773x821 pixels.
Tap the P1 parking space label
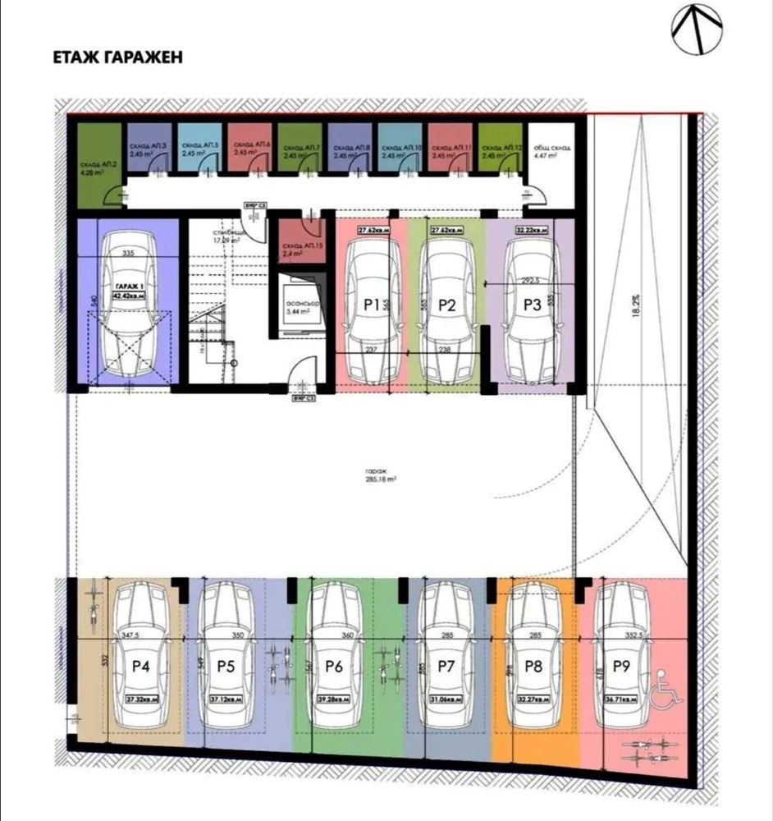coord(371,305)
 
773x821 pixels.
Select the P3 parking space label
coord(532,305)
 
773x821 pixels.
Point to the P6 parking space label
coord(333,667)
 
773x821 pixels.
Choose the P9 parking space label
coord(620,667)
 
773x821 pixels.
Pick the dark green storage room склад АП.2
coord(97,168)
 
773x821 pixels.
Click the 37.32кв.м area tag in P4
coord(142,700)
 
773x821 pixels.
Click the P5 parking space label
coord(226,667)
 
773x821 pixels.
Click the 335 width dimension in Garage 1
coord(127,255)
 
